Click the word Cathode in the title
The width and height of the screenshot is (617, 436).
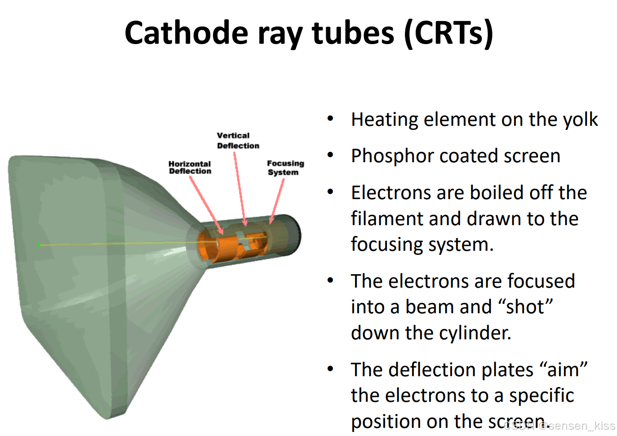[x=186, y=33]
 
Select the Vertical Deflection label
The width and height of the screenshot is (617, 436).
[x=238, y=141]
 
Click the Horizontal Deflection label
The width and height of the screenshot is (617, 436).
[x=190, y=168]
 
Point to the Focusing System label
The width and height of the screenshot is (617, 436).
[x=285, y=168]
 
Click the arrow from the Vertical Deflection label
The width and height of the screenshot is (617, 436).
[x=240, y=189]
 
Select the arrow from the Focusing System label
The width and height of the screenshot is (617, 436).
[x=277, y=200]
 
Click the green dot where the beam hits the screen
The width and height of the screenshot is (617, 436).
[x=39, y=245]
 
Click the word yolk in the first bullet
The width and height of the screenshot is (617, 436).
[x=580, y=120]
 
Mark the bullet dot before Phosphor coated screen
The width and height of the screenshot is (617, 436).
[x=330, y=156]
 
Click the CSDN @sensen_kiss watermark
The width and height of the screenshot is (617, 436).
[x=559, y=426]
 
